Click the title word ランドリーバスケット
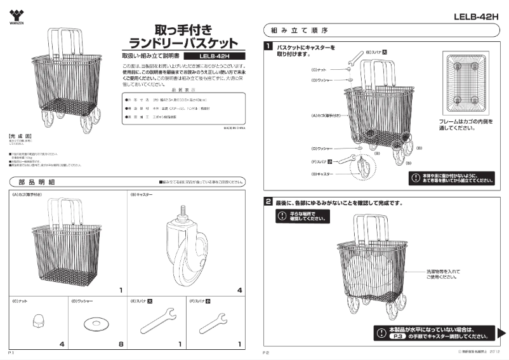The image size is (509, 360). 183,43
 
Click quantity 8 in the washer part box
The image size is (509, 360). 121,344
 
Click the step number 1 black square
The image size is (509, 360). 269,46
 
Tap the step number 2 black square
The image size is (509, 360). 269,202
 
